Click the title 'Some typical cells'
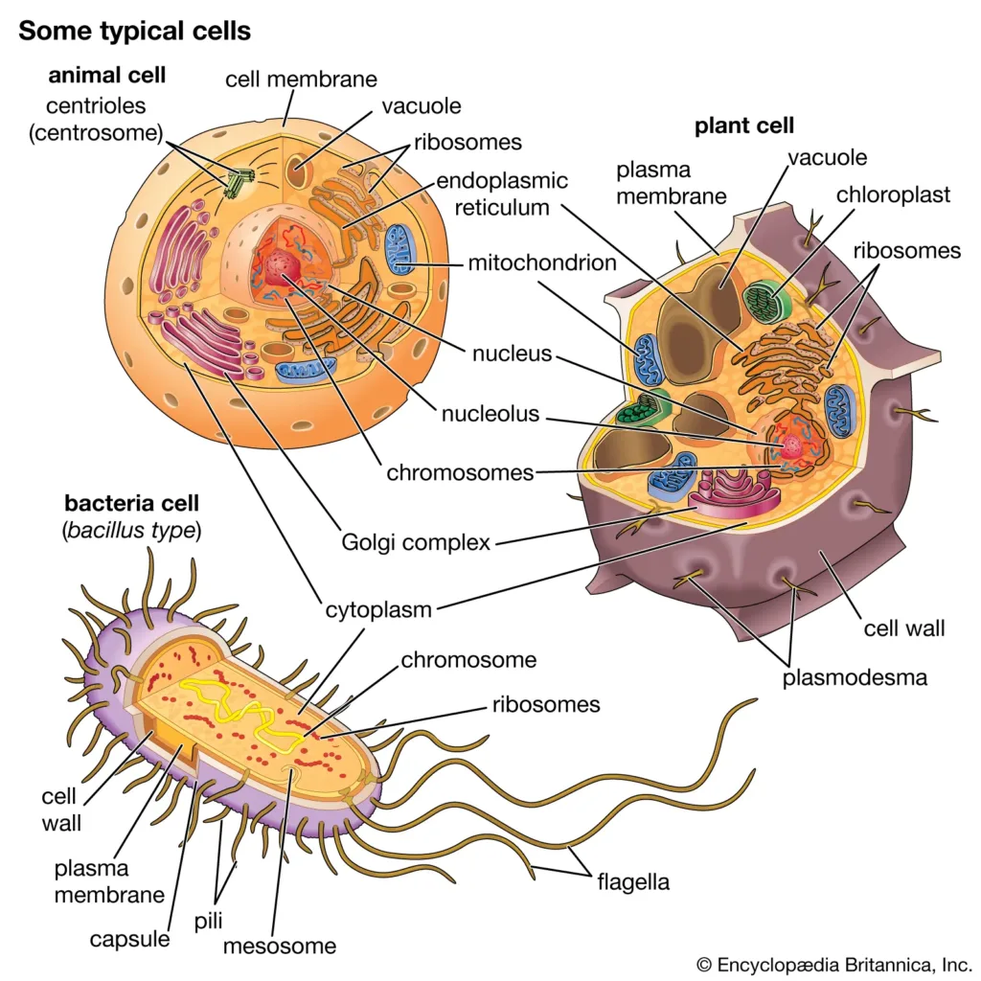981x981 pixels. (x=134, y=31)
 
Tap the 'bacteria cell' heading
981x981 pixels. (x=131, y=504)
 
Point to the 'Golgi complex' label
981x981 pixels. (x=416, y=542)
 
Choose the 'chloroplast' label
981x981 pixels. (x=893, y=194)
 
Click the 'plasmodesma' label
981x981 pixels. (x=855, y=678)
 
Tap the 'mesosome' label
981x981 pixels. (x=280, y=947)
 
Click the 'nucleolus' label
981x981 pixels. (x=490, y=415)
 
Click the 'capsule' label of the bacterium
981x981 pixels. (x=129, y=939)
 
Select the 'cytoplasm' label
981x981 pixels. (x=377, y=609)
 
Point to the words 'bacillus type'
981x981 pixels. (x=131, y=530)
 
